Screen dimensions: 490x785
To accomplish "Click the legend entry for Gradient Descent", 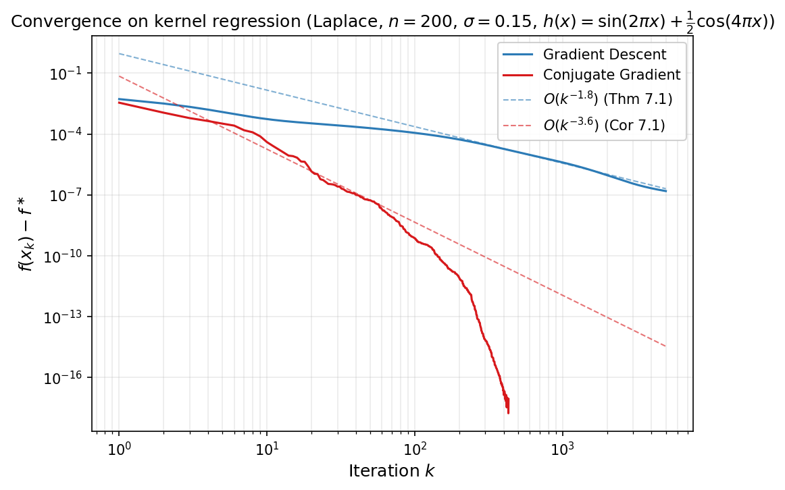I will coord(604,55).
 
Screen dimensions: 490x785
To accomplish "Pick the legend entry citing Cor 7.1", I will coord(604,126).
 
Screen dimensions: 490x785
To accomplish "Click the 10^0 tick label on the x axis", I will coord(120,448).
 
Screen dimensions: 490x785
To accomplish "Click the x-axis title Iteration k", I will coord(391,470).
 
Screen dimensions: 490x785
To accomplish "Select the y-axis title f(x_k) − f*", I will coord(26,234).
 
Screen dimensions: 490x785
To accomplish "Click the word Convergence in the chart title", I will coord(51,22).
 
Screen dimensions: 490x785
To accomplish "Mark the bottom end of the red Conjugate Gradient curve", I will coord(508,412).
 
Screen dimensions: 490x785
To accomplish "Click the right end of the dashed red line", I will coord(666,346).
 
